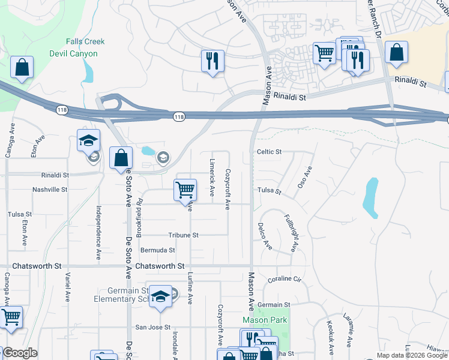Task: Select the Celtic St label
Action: coord(269,152)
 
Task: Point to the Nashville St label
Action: coord(50,189)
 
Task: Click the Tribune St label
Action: coord(183,235)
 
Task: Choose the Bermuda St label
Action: coord(157,250)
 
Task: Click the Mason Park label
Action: coord(265,320)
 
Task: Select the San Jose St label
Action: coord(152,327)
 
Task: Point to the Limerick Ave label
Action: coord(212,178)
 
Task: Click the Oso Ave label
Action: coord(305,177)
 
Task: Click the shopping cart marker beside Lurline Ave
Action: coord(185,190)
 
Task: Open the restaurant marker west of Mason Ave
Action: coord(212,61)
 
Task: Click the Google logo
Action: coord(19,353)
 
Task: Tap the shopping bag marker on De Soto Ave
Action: coord(121,158)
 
